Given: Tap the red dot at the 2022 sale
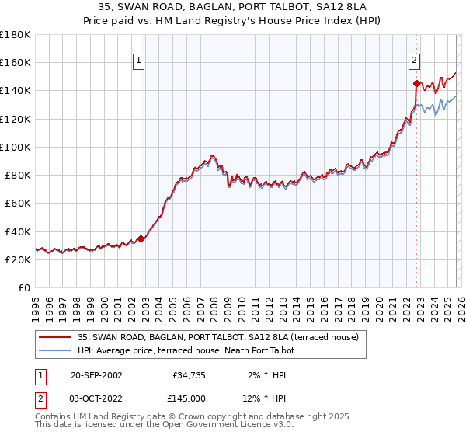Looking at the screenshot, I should coord(417,83).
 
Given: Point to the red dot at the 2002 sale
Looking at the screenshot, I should coord(141,238).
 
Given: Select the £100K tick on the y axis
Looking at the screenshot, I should coord(16,147).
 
